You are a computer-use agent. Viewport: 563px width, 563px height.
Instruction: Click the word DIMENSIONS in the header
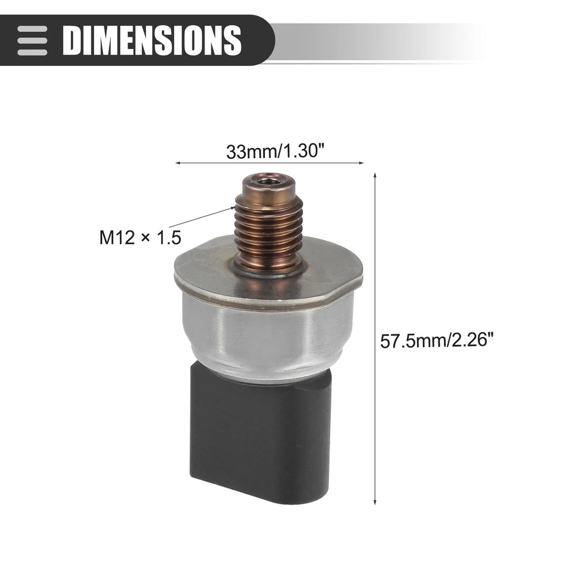(152, 40)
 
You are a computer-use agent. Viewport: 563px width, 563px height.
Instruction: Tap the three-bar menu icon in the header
(32, 40)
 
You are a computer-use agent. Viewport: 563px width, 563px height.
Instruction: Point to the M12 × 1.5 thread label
(140, 238)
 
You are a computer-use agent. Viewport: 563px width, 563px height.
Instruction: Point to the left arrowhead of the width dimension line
(178, 163)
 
